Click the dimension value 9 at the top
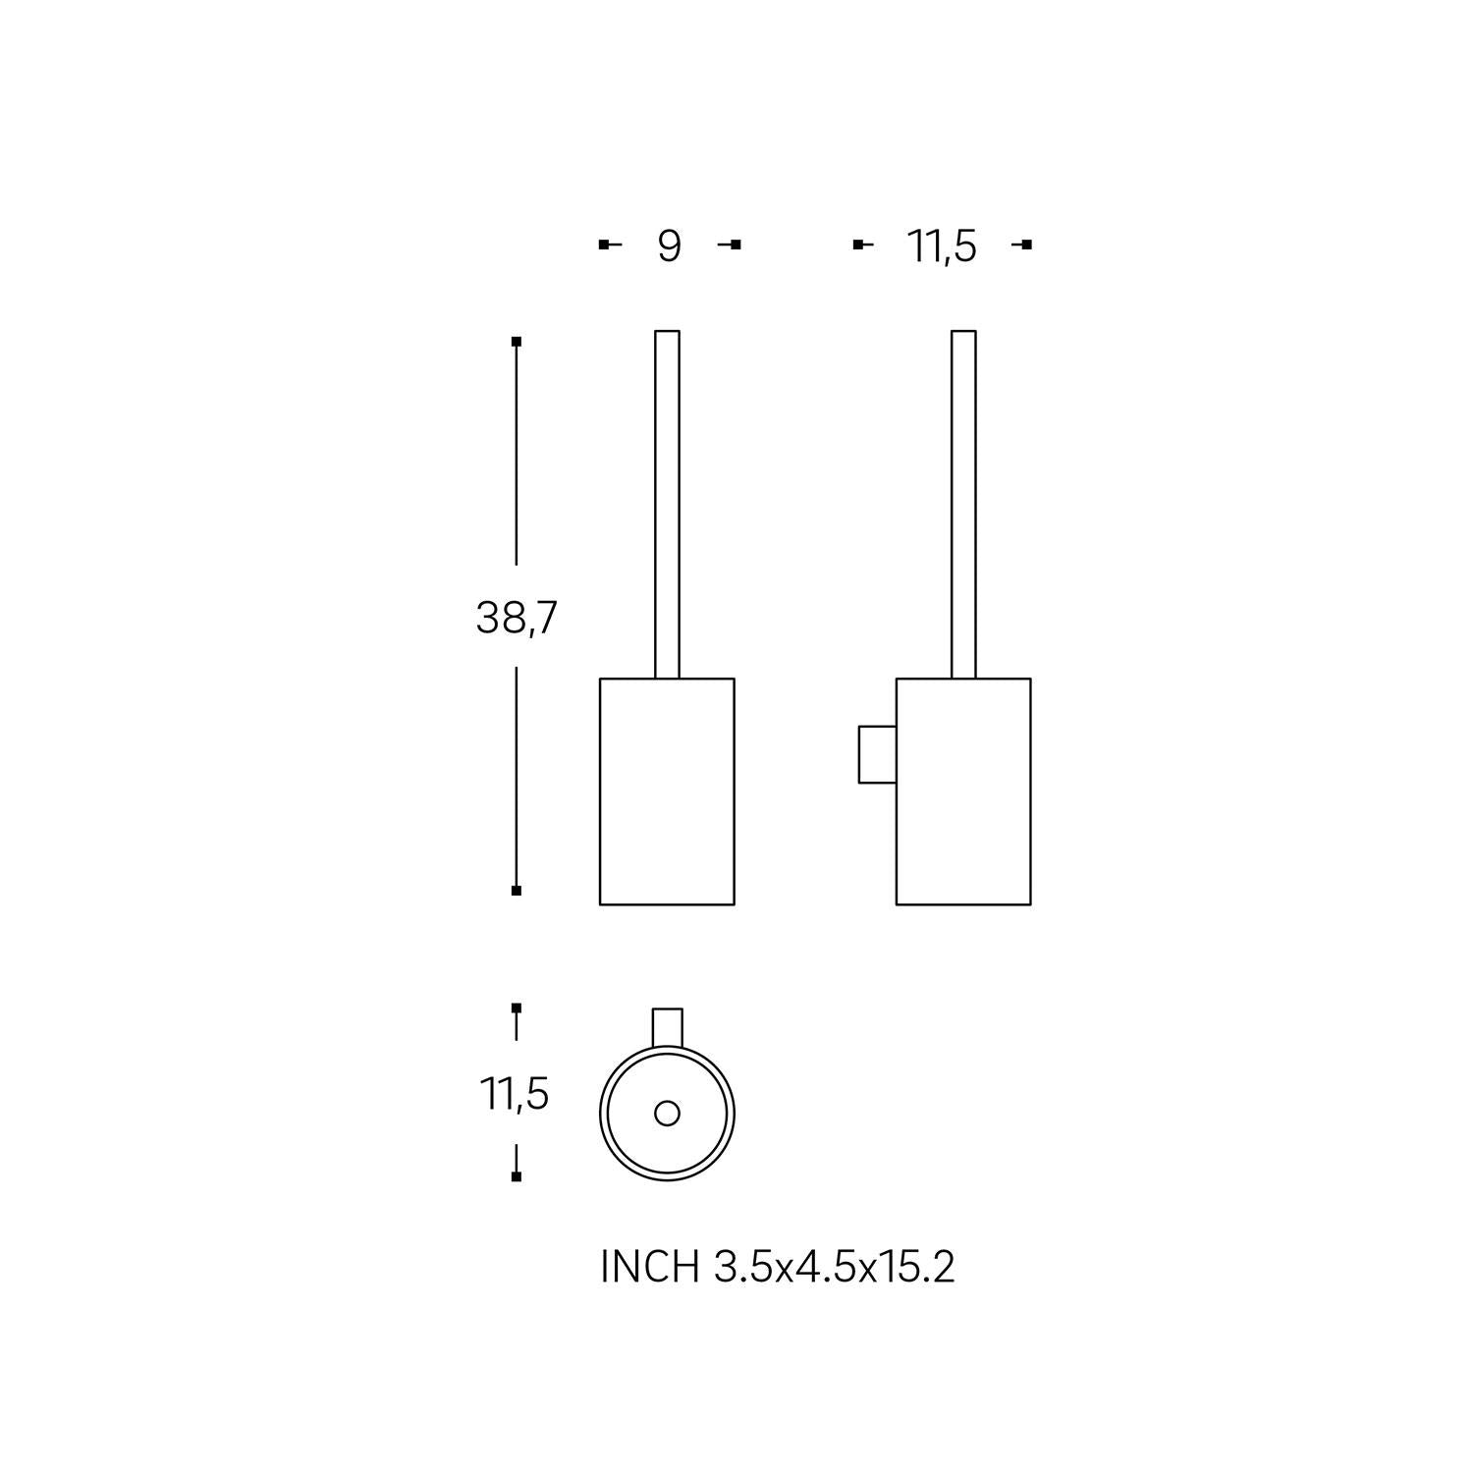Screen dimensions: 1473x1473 point(669,245)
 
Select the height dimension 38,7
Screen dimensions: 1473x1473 point(517,618)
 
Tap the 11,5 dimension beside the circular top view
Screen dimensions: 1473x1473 point(515,1093)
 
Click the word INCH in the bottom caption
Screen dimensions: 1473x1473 point(649,1268)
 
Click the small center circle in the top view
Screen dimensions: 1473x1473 point(667,1114)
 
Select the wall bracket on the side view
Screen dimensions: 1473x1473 point(877,754)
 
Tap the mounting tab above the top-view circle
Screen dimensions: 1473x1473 point(668,1026)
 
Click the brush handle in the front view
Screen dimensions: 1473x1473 point(667,504)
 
